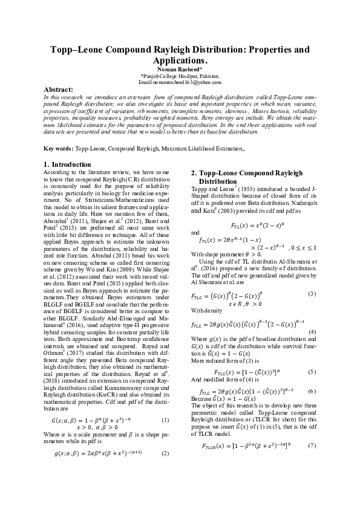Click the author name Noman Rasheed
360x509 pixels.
180,70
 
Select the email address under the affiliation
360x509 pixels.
180,82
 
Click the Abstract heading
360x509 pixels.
58,89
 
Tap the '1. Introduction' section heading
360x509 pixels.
68,164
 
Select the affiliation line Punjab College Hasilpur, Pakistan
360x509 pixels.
180,76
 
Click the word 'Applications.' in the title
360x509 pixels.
180,61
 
